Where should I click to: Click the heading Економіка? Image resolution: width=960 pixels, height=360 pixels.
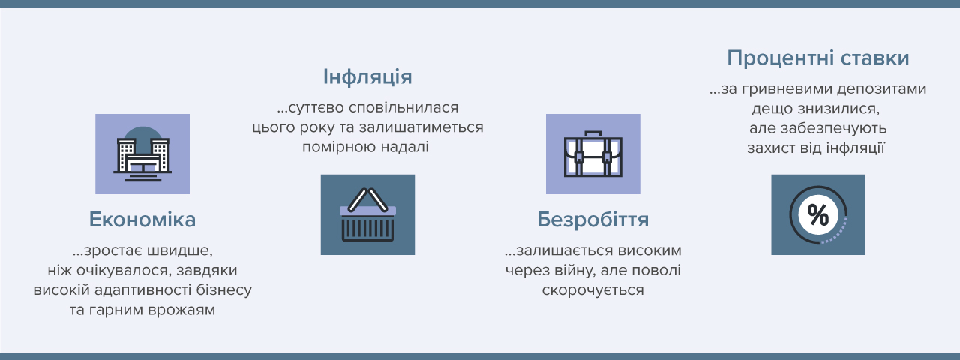[x=142, y=220]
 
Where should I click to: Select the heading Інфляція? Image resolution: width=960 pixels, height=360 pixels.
[x=367, y=77]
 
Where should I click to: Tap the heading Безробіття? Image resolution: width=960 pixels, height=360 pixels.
[x=592, y=220]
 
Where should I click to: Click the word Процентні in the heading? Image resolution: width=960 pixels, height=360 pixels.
[x=779, y=58]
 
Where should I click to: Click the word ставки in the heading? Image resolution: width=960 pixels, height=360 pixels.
[x=874, y=58]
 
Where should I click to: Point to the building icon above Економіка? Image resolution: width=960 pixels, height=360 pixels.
[x=142, y=154]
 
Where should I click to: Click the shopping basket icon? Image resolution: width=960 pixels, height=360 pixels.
[x=367, y=214]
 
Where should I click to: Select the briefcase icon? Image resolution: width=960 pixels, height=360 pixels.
[x=593, y=154]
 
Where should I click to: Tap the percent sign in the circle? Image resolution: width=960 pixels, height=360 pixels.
[x=818, y=214]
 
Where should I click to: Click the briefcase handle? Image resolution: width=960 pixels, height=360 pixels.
[x=593, y=133]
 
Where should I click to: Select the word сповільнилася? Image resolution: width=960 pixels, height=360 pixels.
[x=403, y=107]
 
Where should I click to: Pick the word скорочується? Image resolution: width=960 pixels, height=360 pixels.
[x=592, y=290]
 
